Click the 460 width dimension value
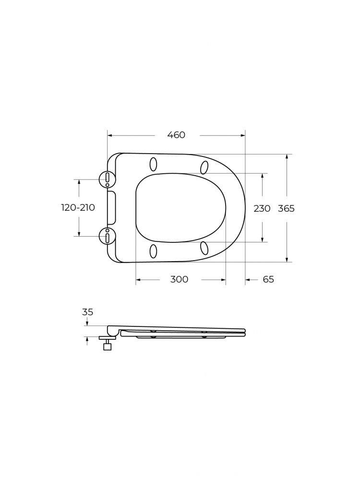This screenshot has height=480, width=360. tap(176, 135)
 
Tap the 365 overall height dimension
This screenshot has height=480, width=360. tap(286, 208)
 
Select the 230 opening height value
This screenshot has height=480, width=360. tap(262, 208)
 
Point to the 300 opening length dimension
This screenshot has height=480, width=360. tap(180, 279)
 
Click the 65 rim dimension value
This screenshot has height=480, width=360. tap(268, 279)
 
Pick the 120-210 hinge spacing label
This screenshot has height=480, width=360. tap(78, 207)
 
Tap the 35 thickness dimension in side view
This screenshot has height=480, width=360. tap(87, 312)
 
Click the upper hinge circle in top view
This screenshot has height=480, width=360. tap(108, 179)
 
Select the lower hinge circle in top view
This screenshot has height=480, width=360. tap(108, 236)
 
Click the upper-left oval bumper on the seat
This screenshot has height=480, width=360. tap(154, 164)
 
